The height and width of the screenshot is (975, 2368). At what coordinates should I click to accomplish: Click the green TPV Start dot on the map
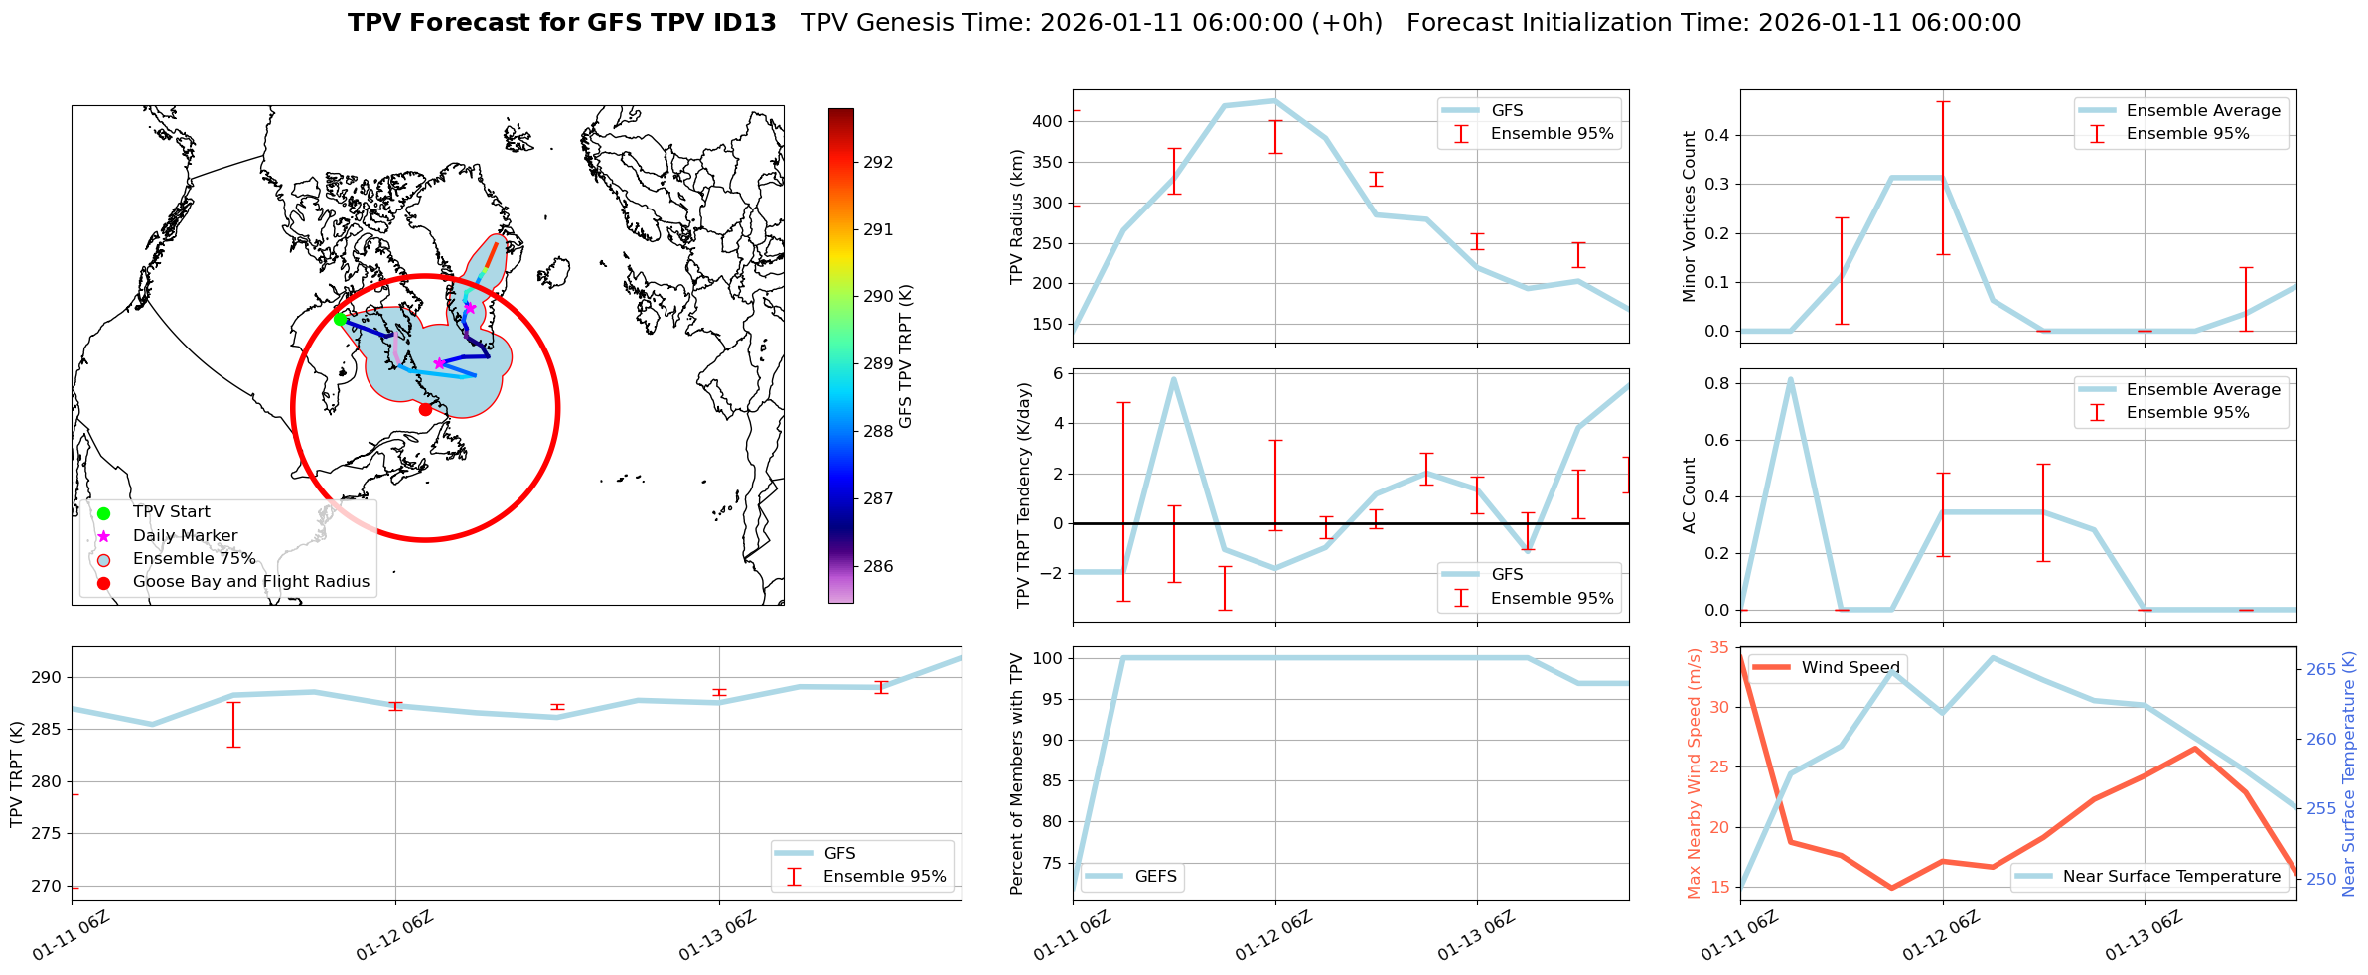[340, 319]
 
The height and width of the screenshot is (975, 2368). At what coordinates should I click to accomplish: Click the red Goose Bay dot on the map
[425, 409]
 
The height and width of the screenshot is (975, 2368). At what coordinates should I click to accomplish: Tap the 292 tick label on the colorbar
[878, 163]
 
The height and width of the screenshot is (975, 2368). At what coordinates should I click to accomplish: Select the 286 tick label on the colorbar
[878, 567]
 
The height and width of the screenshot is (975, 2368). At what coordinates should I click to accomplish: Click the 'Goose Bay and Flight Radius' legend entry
[250, 582]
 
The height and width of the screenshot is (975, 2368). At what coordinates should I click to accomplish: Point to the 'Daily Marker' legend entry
[185, 536]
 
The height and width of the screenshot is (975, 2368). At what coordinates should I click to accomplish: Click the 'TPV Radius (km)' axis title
[1016, 216]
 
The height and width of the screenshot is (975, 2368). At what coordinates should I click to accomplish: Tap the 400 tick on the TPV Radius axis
[1049, 122]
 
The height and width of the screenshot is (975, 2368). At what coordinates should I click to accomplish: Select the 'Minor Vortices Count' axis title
[1690, 216]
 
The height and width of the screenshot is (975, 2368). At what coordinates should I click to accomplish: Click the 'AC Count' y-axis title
[1690, 495]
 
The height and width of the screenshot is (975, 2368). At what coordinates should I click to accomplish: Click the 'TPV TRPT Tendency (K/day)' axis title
[1024, 495]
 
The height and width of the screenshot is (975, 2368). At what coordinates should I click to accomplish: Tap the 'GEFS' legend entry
[1155, 877]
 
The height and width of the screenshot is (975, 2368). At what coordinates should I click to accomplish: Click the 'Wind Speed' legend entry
[1850, 668]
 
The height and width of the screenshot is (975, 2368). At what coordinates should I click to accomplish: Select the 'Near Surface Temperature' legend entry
[2171, 877]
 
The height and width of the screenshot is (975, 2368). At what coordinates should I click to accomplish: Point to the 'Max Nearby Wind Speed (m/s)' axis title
[1694, 773]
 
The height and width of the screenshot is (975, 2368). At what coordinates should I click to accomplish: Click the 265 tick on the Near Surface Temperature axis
[2321, 670]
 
